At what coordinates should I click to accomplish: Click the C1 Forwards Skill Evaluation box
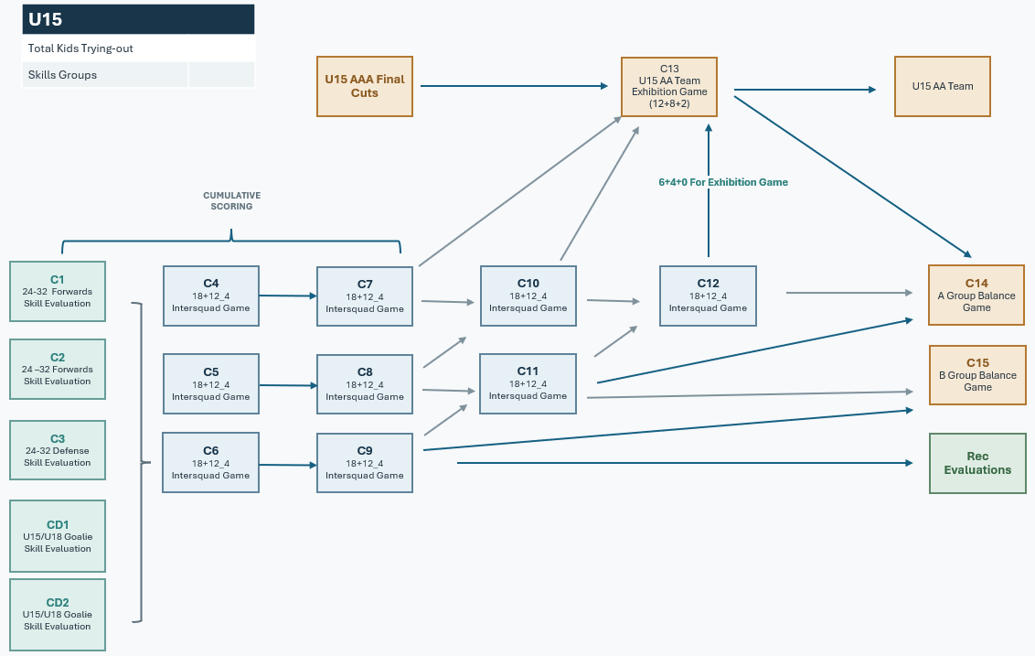pyautogui.click(x=58, y=291)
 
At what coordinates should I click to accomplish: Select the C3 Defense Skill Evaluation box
pyautogui.click(x=58, y=450)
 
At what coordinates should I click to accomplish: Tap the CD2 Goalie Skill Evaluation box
pyautogui.click(x=58, y=615)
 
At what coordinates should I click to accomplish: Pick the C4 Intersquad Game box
pyautogui.click(x=211, y=296)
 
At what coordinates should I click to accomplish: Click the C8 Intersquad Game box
pyautogui.click(x=365, y=384)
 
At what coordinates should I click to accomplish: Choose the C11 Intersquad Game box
pyautogui.click(x=528, y=384)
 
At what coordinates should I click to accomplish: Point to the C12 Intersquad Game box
pyautogui.click(x=708, y=296)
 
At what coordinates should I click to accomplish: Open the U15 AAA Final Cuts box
pyautogui.click(x=365, y=87)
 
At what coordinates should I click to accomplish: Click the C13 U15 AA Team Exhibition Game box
pyautogui.click(x=669, y=87)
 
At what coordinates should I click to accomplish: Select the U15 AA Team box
pyautogui.click(x=943, y=87)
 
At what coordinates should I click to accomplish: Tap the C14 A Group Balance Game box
pyautogui.click(x=976, y=296)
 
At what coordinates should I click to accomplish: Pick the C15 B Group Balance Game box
pyautogui.click(x=977, y=374)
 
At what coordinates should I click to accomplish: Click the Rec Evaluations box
pyautogui.click(x=977, y=463)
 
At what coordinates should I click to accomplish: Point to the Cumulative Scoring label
pyautogui.click(x=231, y=201)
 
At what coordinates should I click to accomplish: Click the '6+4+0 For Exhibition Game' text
pyautogui.click(x=723, y=182)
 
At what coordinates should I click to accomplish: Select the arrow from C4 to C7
pyautogui.click(x=288, y=296)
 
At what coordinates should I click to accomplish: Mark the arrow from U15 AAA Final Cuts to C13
pyautogui.click(x=514, y=86)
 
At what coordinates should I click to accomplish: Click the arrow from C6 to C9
pyautogui.click(x=288, y=465)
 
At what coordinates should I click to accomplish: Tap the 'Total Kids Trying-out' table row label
pyautogui.click(x=80, y=48)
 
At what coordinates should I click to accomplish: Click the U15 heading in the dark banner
pyautogui.click(x=46, y=20)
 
